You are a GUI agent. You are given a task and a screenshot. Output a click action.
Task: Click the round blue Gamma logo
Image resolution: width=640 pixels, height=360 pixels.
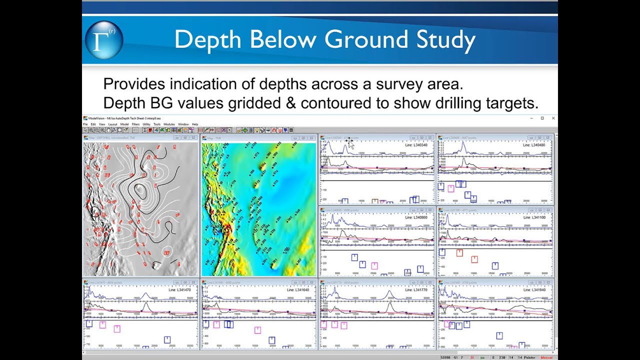[104, 40]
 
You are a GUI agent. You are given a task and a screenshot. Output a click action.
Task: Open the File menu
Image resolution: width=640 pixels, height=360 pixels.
[85, 124]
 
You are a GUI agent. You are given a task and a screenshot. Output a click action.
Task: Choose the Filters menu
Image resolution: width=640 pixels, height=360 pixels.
[136, 124]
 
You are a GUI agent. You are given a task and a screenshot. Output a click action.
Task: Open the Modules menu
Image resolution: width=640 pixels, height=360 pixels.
[169, 124]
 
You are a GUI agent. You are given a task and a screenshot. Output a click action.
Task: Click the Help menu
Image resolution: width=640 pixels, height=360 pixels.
[195, 124]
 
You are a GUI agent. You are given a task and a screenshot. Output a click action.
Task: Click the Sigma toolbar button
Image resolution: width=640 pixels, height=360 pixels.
[144, 130]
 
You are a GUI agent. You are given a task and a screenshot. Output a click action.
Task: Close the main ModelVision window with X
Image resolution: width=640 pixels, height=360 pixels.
[553, 118]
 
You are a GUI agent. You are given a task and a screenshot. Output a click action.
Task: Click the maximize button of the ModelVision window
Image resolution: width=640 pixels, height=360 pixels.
[542, 118]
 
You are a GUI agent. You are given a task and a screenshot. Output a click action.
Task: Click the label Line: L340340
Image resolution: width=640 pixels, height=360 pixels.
[418, 145]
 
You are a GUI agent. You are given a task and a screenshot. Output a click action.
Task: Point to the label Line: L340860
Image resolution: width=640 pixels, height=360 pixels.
[418, 217]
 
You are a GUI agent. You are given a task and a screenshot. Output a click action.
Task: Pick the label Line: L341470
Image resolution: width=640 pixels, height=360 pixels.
[181, 290]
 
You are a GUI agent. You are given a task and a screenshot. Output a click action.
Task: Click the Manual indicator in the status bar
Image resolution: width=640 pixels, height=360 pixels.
[546, 357]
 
